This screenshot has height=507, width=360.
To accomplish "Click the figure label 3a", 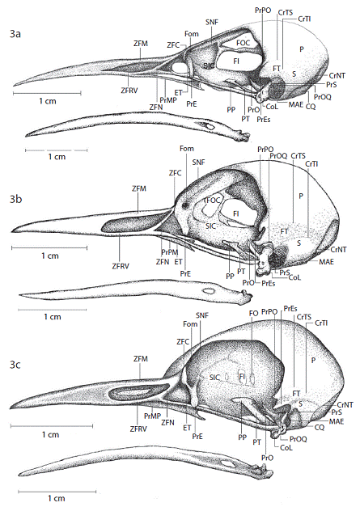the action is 15,34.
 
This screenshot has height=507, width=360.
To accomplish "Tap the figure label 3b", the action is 15,199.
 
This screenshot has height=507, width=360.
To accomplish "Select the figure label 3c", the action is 15,365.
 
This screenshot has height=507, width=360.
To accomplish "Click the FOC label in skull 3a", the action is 243,43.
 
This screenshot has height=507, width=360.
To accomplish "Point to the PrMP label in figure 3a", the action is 168,99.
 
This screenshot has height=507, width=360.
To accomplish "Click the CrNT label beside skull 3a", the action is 337,76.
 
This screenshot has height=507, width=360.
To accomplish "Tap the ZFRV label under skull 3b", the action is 121,266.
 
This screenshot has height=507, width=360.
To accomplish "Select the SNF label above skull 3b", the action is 198,163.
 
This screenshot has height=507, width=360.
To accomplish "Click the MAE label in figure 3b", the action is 326,261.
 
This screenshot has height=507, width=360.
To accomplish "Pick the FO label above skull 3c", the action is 253,313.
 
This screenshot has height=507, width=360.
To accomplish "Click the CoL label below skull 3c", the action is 286,448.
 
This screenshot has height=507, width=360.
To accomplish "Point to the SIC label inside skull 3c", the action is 214,378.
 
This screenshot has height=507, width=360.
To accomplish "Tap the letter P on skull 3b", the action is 301,196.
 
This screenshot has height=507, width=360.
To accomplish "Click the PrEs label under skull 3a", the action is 264,120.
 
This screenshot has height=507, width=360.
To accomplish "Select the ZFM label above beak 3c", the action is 141,358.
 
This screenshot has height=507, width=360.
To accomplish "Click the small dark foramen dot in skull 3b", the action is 185,205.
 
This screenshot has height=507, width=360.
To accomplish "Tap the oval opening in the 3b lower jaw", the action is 207,291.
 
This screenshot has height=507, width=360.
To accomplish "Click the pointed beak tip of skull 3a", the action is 15,85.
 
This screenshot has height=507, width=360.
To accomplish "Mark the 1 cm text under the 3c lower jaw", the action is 57,498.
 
